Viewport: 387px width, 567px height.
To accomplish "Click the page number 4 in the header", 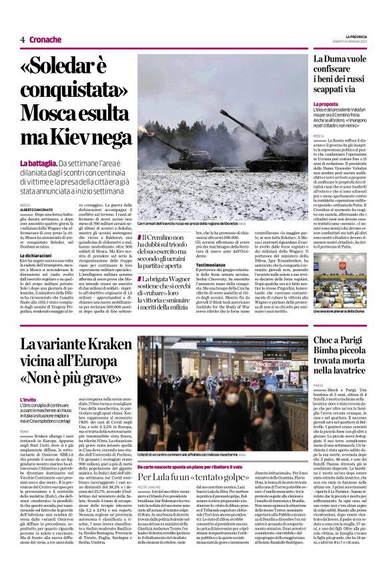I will pos(23,39).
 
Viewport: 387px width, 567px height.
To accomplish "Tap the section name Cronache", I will pos(45,39).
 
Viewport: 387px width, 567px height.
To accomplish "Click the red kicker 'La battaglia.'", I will pos(37,164).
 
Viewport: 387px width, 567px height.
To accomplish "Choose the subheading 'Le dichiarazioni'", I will pos(39,254).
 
